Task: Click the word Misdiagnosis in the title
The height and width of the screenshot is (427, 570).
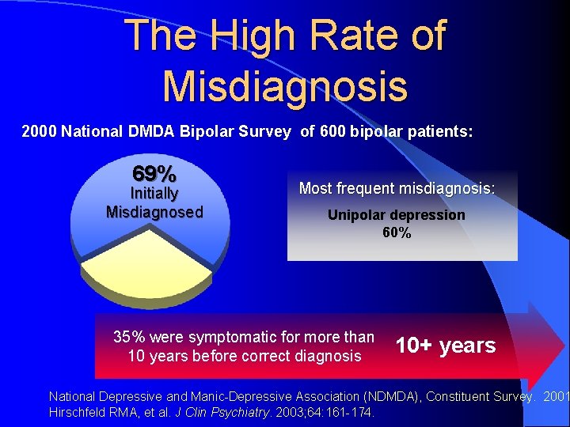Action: point(285,86)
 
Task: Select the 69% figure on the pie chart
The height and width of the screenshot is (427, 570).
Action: point(154,173)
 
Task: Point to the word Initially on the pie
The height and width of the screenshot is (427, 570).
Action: point(154,194)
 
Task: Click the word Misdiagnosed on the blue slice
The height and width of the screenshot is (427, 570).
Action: point(154,212)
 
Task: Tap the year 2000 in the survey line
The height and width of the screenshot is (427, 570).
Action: point(39,131)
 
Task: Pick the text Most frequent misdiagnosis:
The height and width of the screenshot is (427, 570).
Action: point(397,188)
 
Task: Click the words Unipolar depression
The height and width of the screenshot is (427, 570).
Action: point(397,215)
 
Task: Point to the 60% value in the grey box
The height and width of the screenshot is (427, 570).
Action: point(397,232)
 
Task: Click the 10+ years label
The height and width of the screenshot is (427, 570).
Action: point(446,346)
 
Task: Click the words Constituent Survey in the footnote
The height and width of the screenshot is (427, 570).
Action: point(480,395)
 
